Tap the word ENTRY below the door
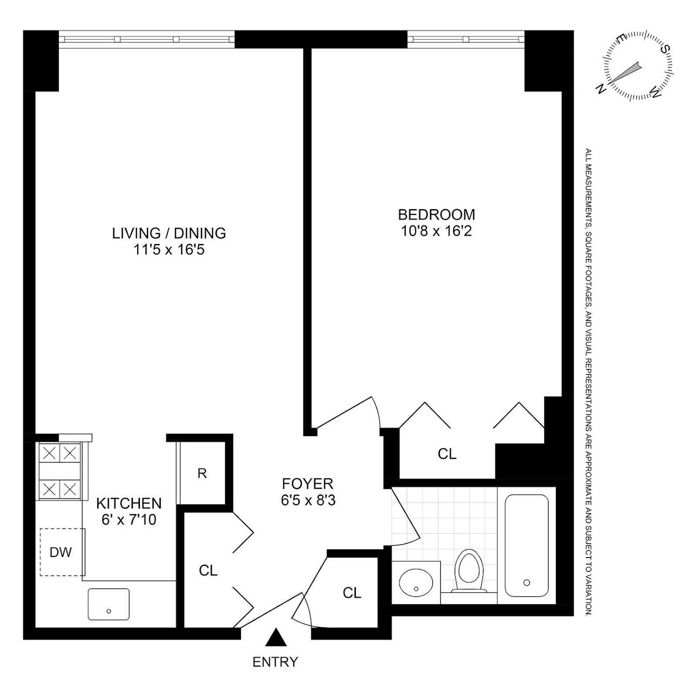pos(275,662)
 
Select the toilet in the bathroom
pos(469,571)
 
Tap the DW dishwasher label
pos(61,552)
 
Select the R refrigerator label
pos(202,474)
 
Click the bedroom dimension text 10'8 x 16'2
pos(436,231)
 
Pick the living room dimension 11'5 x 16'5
pos(169,250)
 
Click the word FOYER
pos(308,484)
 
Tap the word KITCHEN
pos(129,503)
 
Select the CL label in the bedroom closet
pos(447,454)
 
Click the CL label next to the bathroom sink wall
pos(352,593)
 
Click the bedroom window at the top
pos(466,39)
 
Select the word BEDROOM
pos(436,214)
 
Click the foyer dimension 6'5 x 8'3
pos(308,501)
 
